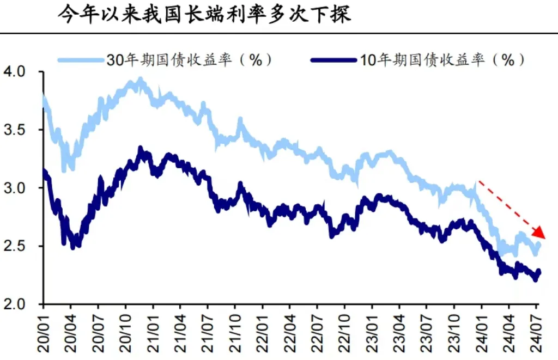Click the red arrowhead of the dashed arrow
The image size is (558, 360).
pyautogui.click(x=539, y=233)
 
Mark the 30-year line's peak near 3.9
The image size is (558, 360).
pyautogui.click(x=141, y=81)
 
